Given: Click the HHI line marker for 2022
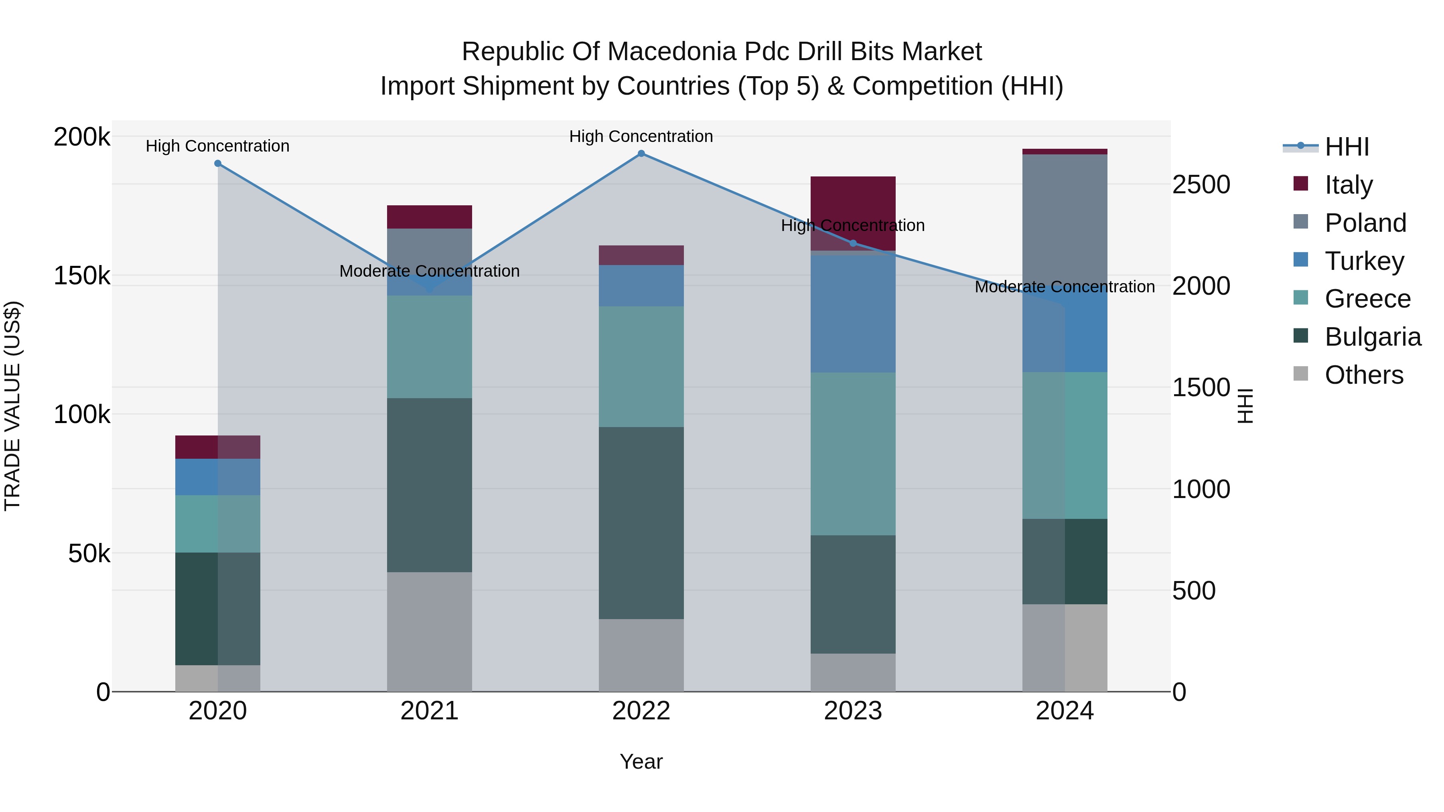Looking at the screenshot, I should pos(641,154).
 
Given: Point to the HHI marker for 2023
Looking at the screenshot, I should pos(853,243).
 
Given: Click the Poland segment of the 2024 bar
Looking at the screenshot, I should pos(1065,219).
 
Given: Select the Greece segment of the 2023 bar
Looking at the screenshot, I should pos(853,454).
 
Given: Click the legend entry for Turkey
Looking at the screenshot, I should pos(1364,261).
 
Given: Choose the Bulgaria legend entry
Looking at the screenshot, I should pos(1372,337).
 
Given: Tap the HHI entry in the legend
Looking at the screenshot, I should pos(1347,147).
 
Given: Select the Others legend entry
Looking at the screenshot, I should pos(1363,375).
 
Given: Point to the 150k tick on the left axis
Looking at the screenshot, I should pos(82,276).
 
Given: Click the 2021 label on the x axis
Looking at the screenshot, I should pos(429,711).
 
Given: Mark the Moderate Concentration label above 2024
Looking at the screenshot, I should pos(1065,287).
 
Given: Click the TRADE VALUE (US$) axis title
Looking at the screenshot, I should pos(12,406).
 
